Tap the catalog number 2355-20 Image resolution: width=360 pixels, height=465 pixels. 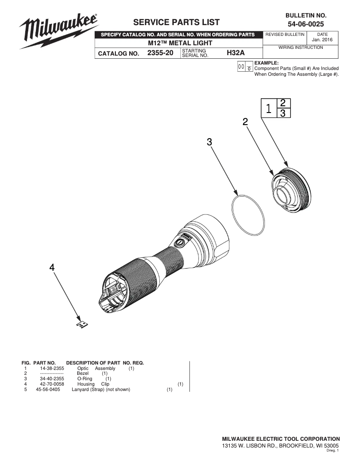pos(160,53)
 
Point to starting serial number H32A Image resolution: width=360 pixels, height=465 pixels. pos(235,53)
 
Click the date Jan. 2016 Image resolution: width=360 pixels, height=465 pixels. pos(322,39)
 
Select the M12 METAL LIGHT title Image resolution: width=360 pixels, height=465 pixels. pos(180,43)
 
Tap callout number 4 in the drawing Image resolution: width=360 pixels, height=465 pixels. pos(52,267)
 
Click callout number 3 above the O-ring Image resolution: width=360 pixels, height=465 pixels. pos(209,142)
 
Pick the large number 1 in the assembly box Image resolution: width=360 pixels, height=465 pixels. pos(268,109)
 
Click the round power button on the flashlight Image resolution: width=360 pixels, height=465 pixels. pos(180,242)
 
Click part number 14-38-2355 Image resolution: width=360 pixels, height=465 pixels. pos(52,368)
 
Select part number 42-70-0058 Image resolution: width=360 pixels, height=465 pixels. pos(52,384)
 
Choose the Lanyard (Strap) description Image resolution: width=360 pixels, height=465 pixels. pos(101,390)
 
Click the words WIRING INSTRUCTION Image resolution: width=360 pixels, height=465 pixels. pos(301,48)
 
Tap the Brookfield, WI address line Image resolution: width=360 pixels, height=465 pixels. pos(281,446)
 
